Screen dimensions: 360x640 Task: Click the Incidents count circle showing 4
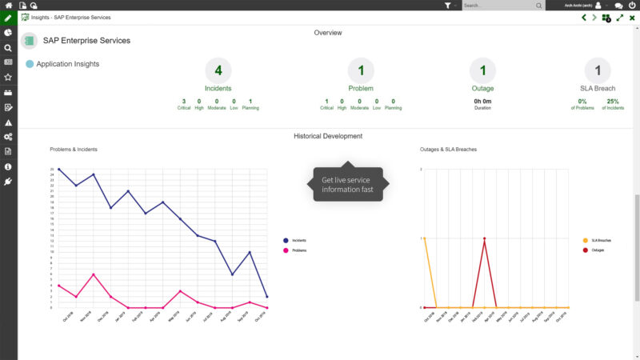[x=218, y=70]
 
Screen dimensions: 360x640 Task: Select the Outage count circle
[x=482, y=70]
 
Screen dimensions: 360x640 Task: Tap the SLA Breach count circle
[x=598, y=70]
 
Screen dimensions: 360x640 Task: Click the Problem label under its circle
[x=361, y=88]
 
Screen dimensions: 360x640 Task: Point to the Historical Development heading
[x=328, y=136]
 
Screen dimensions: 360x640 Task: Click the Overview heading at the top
[x=328, y=33]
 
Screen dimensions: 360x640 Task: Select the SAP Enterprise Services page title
[x=86, y=40]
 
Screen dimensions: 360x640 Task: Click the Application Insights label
[x=68, y=63]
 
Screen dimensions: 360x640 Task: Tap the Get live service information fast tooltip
[x=348, y=185]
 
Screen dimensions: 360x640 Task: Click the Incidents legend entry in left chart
[x=298, y=240]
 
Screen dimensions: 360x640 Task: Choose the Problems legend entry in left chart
[x=298, y=250]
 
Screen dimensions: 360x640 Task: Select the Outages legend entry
[x=598, y=250]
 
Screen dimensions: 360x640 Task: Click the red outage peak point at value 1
[x=484, y=238]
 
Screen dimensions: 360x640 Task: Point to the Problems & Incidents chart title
[x=74, y=150]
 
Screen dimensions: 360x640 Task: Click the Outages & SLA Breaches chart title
[x=447, y=150]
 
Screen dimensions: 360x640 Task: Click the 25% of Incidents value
[x=613, y=102]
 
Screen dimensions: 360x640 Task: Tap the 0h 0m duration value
[x=482, y=102]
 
